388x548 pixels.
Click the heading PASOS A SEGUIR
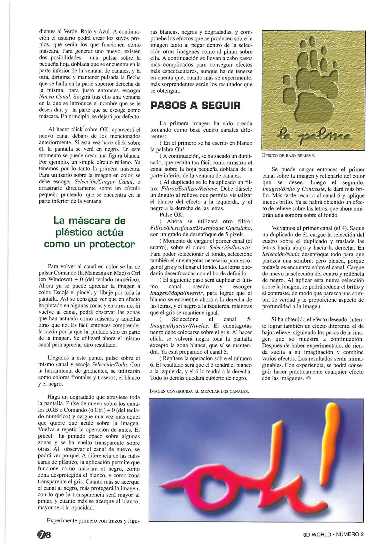(x=195, y=105)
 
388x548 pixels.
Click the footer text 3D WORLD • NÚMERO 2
(x=333, y=534)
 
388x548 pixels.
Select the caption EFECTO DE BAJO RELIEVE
(x=288, y=156)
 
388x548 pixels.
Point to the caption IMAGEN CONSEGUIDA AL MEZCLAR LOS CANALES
(x=199, y=391)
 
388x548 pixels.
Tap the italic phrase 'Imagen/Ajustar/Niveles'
(x=179, y=326)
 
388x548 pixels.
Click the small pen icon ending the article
(x=308, y=378)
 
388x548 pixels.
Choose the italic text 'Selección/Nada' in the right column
(x=281, y=254)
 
